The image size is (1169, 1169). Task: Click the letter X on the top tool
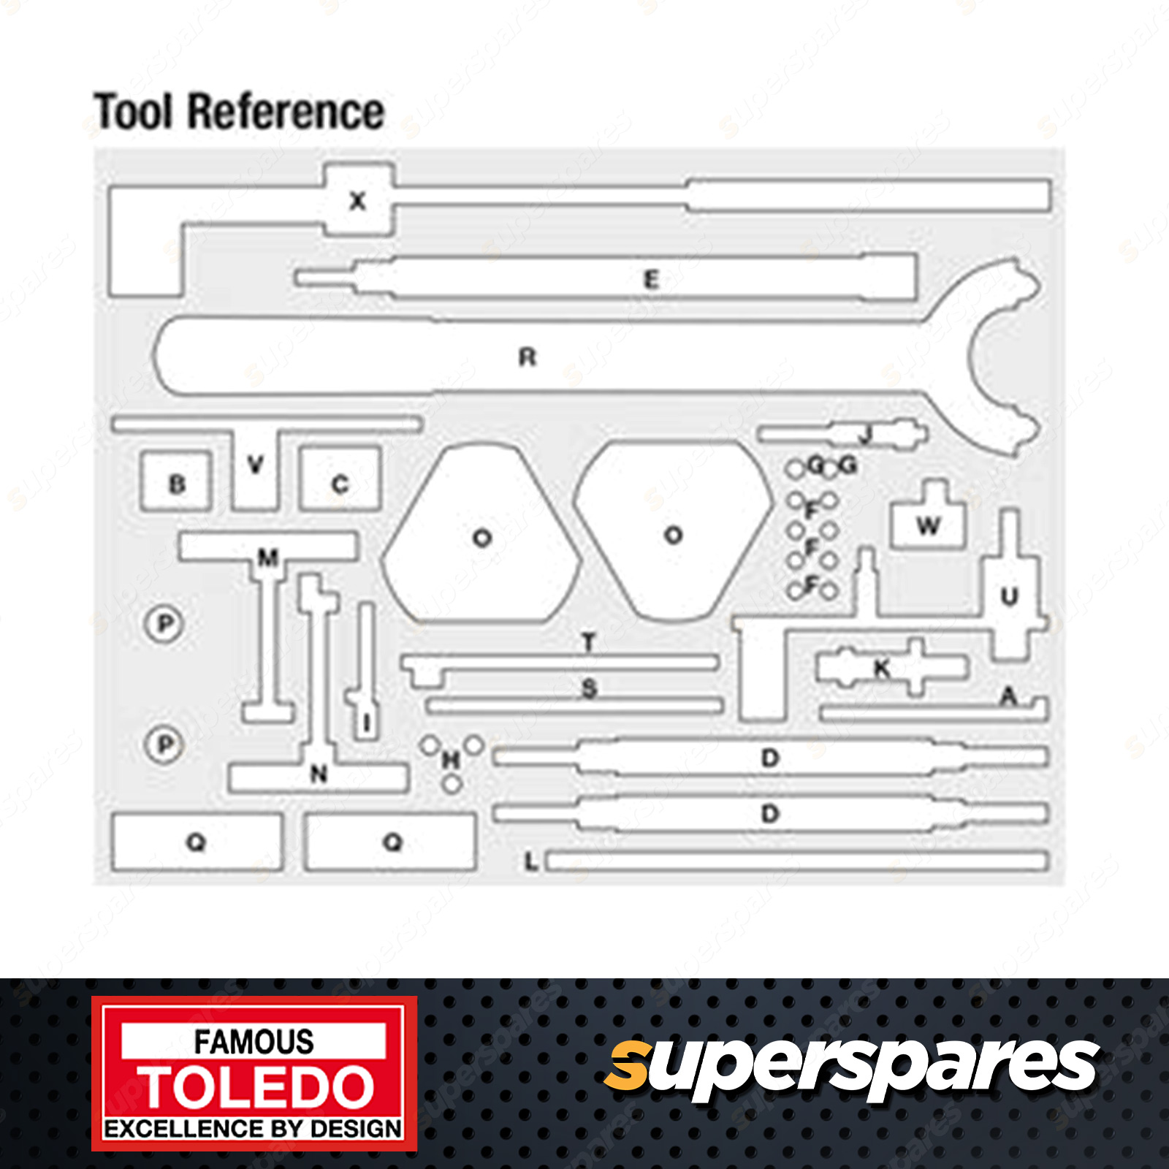click(x=357, y=201)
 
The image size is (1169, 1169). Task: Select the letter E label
click(x=651, y=279)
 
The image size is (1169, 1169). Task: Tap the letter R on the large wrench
click(x=528, y=357)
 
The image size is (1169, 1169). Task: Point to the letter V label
click(x=255, y=464)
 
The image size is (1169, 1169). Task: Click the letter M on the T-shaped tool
click(x=268, y=558)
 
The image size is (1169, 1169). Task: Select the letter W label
click(x=928, y=525)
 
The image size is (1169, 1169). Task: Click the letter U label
click(x=1009, y=597)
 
